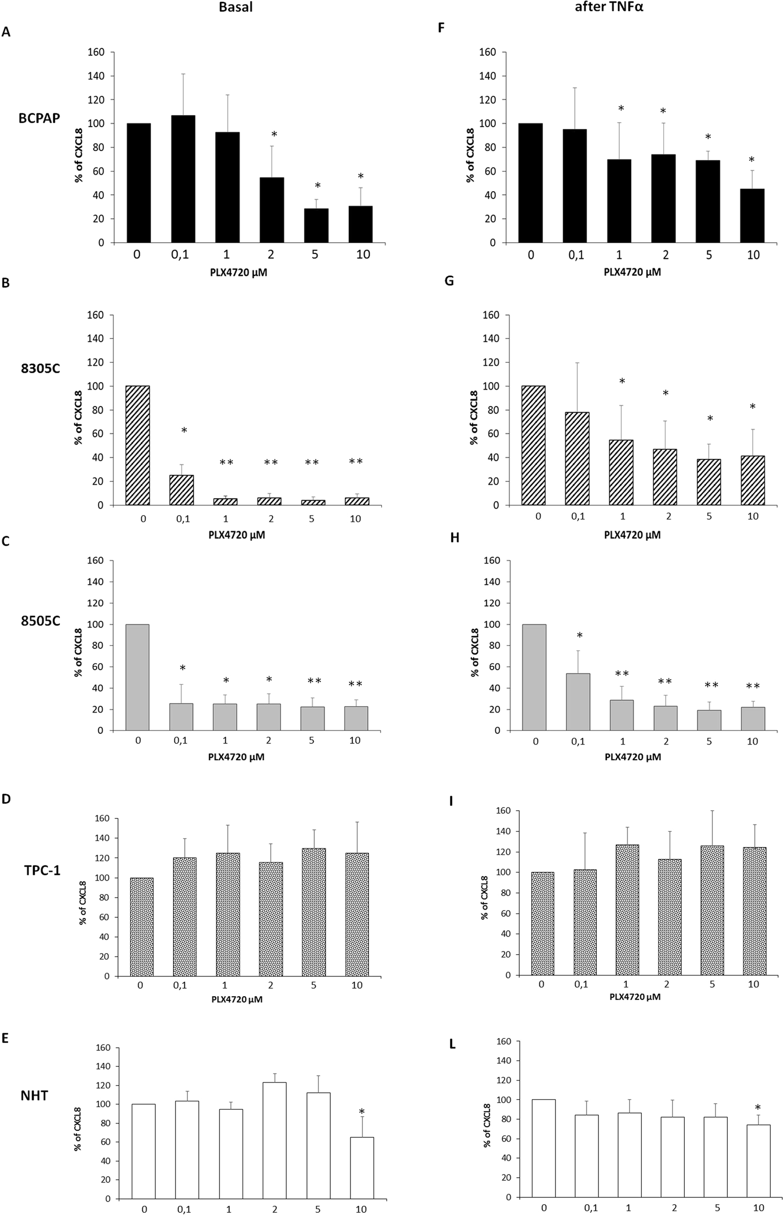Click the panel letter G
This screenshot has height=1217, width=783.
pyautogui.click(x=449, y=281)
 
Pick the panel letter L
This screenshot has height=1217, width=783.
pyautogui.click(x=452, y=1044)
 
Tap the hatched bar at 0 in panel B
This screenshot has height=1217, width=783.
pyautogui.click(x=138, y=445)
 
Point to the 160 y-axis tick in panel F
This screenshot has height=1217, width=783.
pyautogui.click(x=488, y=52)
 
